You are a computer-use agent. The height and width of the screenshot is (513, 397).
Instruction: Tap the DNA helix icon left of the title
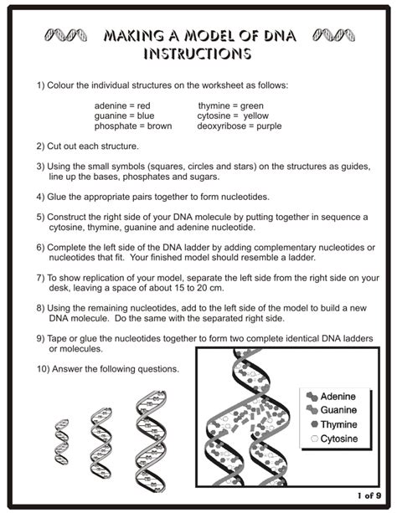click(x=66, y=36)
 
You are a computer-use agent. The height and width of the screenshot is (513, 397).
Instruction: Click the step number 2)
click(x=41, y=145)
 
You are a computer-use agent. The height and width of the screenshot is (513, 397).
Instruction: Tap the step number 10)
click(x=44, y=369)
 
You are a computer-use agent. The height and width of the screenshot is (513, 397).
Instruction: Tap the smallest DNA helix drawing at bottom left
click(x=61, y=443)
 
